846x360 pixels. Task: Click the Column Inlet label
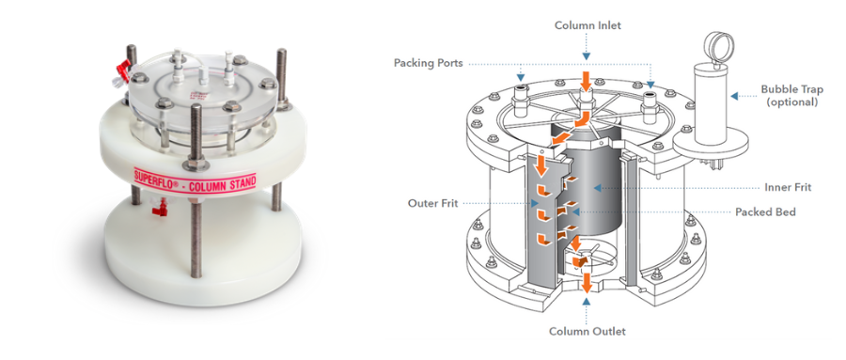(x=587, y=25)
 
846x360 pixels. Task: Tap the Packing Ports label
(x=429, y=63)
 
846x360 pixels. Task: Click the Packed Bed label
(x=765, y=212)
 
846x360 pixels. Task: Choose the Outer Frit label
(x=433, y=203)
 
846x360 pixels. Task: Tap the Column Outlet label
(x=587, y=331)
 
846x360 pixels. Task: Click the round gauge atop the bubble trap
(x=719, y=45)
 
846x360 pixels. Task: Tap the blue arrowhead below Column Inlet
(x=587, y=55)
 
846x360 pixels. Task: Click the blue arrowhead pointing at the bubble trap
(x=734, y=96)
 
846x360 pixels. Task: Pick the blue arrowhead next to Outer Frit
(x=534, y=204)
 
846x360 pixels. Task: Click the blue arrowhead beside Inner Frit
(x=597, y=188)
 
